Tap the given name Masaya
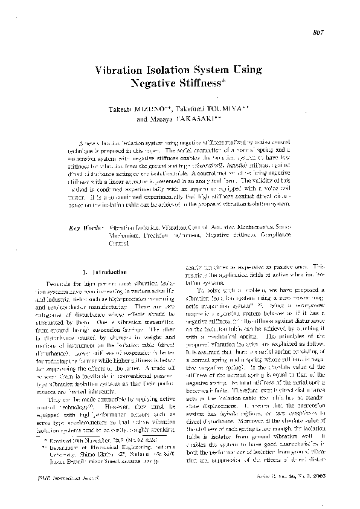tap(163, 120)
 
